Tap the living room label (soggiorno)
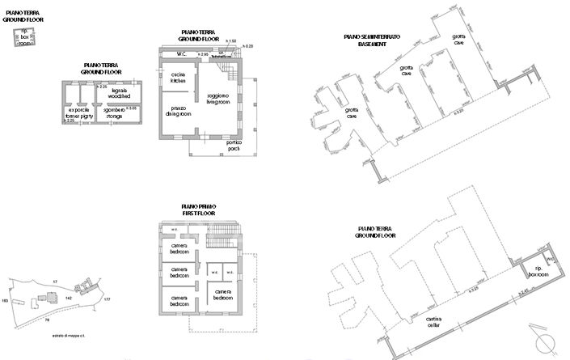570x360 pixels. pyautogui.click(x=217, y=99)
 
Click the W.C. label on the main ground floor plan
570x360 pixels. pyautogui.click(x=182, y=54)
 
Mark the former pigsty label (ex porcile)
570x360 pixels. pyautogui.click(x=78, y=113)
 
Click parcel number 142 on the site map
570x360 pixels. pyautogui.click(x=70, y=298)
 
